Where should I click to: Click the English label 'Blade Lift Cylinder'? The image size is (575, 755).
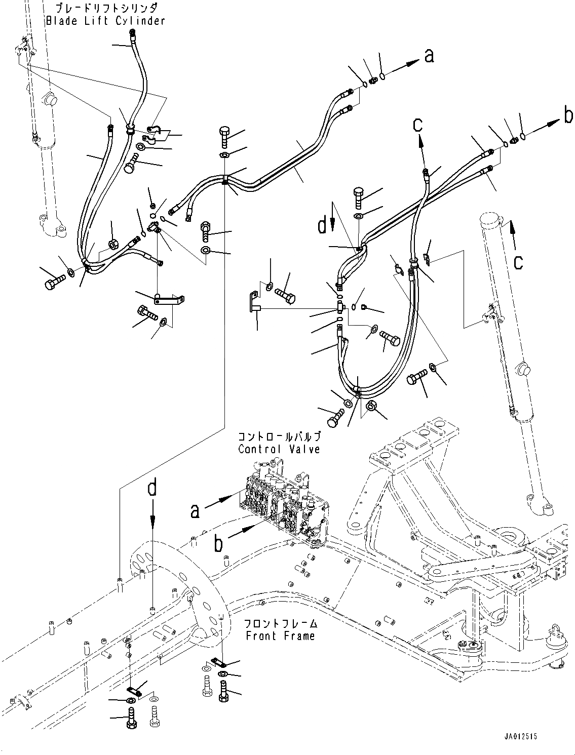105,21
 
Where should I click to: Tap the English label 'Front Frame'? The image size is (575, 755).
280,635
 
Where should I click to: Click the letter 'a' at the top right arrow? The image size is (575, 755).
429,56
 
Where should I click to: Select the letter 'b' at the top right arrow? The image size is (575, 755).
568,116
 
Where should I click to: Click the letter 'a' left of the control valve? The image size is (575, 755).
195,511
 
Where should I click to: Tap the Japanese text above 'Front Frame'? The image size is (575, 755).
280,623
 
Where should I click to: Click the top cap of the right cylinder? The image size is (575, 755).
490,220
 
